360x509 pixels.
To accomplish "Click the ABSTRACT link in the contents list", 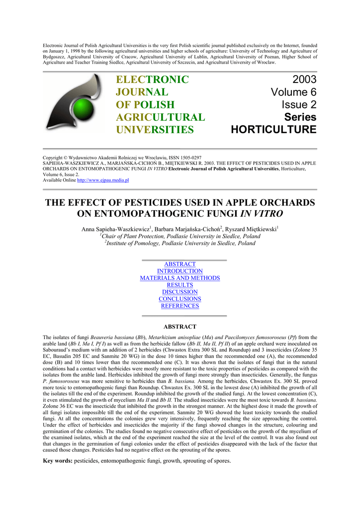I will (x=180, y=264).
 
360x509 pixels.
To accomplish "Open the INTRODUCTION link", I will (x=180, y=271).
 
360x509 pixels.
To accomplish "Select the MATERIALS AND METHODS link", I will (x=180, y=278).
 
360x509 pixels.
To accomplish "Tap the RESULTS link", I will (x=180, y=285).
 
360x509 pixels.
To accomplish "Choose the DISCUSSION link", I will (x=180, y=292).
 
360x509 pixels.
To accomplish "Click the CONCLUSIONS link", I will (x=180, y=299).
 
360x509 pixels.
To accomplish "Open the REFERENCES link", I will (x=180, y=306).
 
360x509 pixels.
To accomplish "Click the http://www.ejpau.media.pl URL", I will (x=103, y=180).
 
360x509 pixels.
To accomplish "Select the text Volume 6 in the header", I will (x=293, y=92).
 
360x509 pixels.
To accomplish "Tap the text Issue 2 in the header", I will (x=299, y=105).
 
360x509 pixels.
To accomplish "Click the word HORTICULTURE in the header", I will (x=273, y=130).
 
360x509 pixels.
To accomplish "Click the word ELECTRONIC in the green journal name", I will (x=153, y=80).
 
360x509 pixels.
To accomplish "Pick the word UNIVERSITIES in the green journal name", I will (x=155, y=130).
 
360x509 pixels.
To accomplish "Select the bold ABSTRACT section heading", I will (x=180, y=327).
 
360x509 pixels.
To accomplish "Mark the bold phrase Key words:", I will (x=58, y=461).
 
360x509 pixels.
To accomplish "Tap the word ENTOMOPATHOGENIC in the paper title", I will (x=153, y=214).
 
